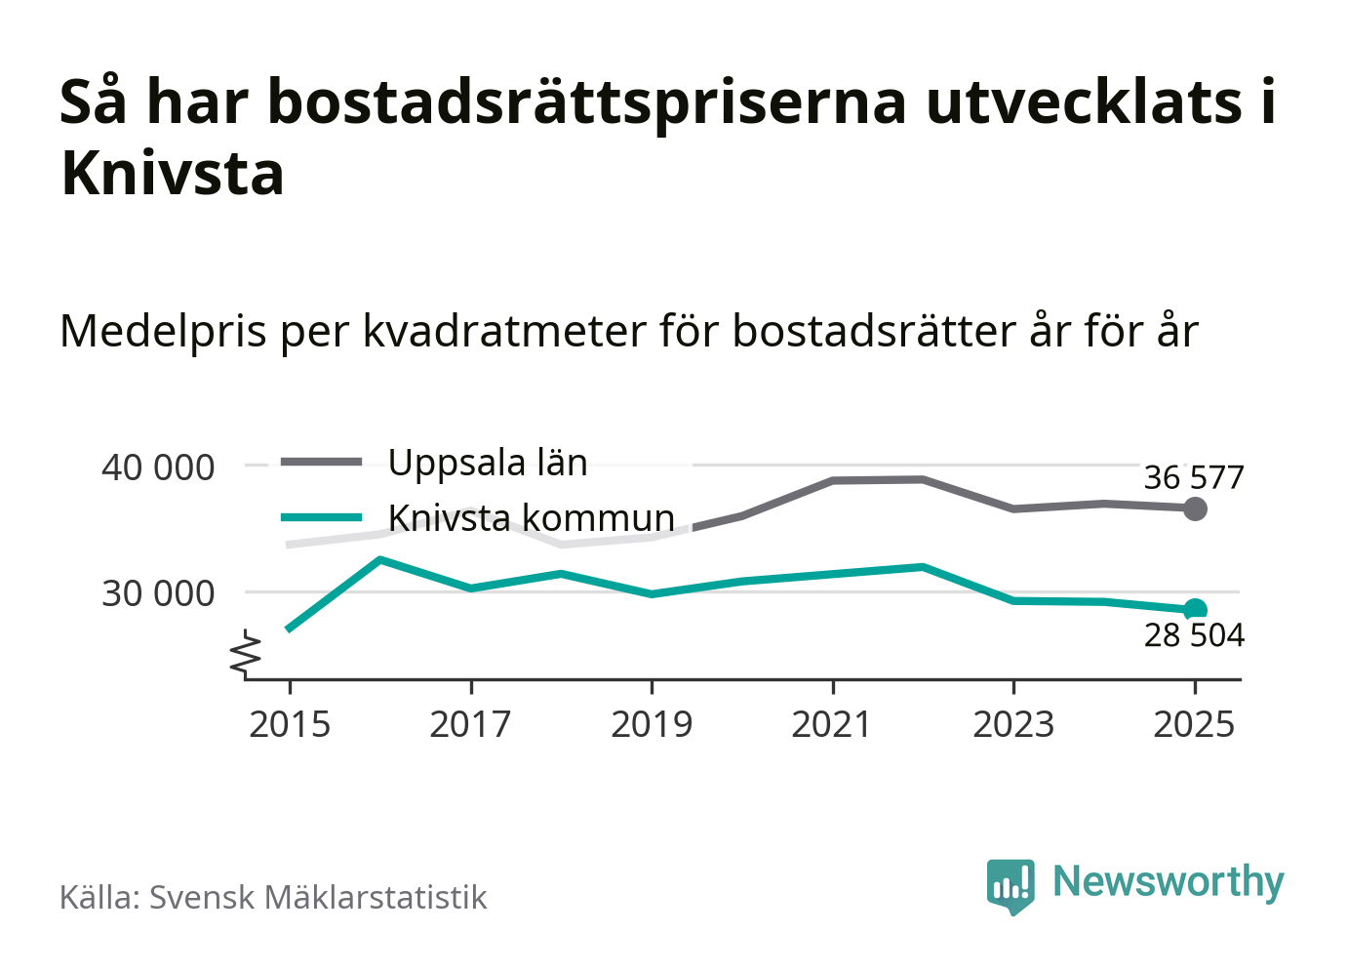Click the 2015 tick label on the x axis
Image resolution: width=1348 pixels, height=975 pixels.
pos(290,725)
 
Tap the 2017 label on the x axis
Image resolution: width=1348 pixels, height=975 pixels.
pos(470,725)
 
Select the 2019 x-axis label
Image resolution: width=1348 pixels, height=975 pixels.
pos(652,725)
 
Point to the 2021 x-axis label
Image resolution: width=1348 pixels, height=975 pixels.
pos(832,725)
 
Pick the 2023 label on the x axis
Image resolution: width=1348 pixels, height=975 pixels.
pos(1013,725)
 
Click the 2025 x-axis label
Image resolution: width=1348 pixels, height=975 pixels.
pos(1194,725)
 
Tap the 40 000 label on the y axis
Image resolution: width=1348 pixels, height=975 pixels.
pos(158,467)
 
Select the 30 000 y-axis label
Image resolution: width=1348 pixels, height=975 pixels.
pos(158,592)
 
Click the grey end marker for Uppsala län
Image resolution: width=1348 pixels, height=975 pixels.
pos(1195,508)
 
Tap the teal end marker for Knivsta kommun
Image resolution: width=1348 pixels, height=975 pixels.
pos(1195,610)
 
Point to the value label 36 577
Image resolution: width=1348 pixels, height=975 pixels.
pos(1194,478)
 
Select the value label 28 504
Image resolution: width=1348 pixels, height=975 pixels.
pos(1194,635)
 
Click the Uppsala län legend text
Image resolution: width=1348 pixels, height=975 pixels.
pos(488,463)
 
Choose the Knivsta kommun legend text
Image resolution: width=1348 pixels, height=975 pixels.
pos(532,517)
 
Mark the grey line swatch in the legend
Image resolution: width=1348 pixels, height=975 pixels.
pos(321,463)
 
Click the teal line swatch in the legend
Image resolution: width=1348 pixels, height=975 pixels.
pos(321,517)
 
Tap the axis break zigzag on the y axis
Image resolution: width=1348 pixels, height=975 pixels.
pos(247,654)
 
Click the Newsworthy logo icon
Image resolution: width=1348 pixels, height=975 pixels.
pos(1010,885)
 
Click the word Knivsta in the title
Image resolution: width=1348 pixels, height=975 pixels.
pos(173,174)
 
